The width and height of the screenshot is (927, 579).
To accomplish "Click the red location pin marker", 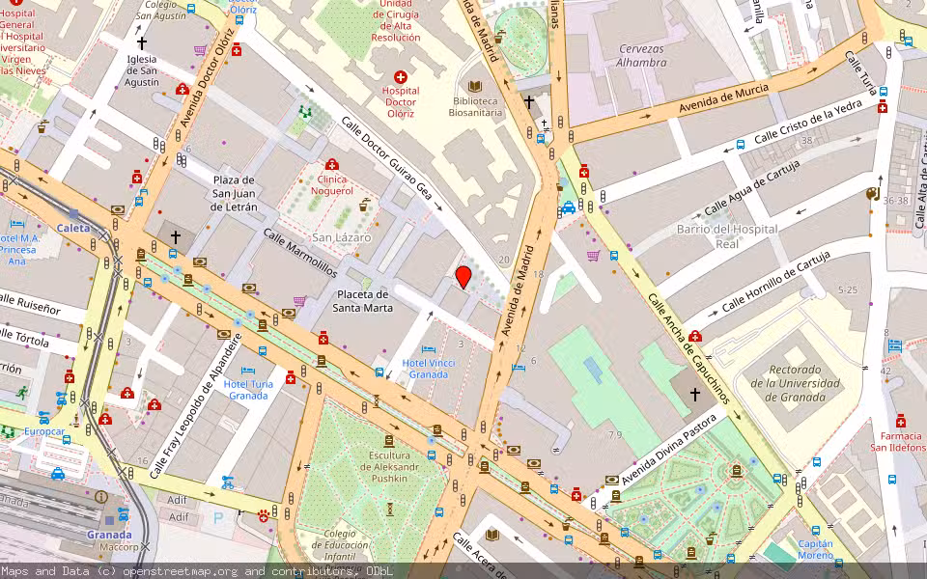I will coord(463,277).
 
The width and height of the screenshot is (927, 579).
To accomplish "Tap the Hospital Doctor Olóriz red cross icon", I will coord(401,76).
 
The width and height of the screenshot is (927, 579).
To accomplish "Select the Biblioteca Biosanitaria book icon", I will coord(474,85).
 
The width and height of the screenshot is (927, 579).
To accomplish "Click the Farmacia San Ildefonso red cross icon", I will coord(900,421).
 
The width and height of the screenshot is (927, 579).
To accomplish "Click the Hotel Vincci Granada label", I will coord(429,369).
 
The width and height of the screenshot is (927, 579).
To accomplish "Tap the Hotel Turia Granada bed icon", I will coord(247,371).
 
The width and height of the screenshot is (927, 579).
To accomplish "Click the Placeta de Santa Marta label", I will coord(363,301).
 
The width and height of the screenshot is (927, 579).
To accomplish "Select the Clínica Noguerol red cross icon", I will coord(332,165).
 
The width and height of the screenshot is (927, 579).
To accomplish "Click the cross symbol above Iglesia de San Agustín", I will coord(142,42).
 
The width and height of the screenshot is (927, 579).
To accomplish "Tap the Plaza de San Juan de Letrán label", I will coord(235,193).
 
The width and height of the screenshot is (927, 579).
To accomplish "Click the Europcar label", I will coord(44,431).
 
